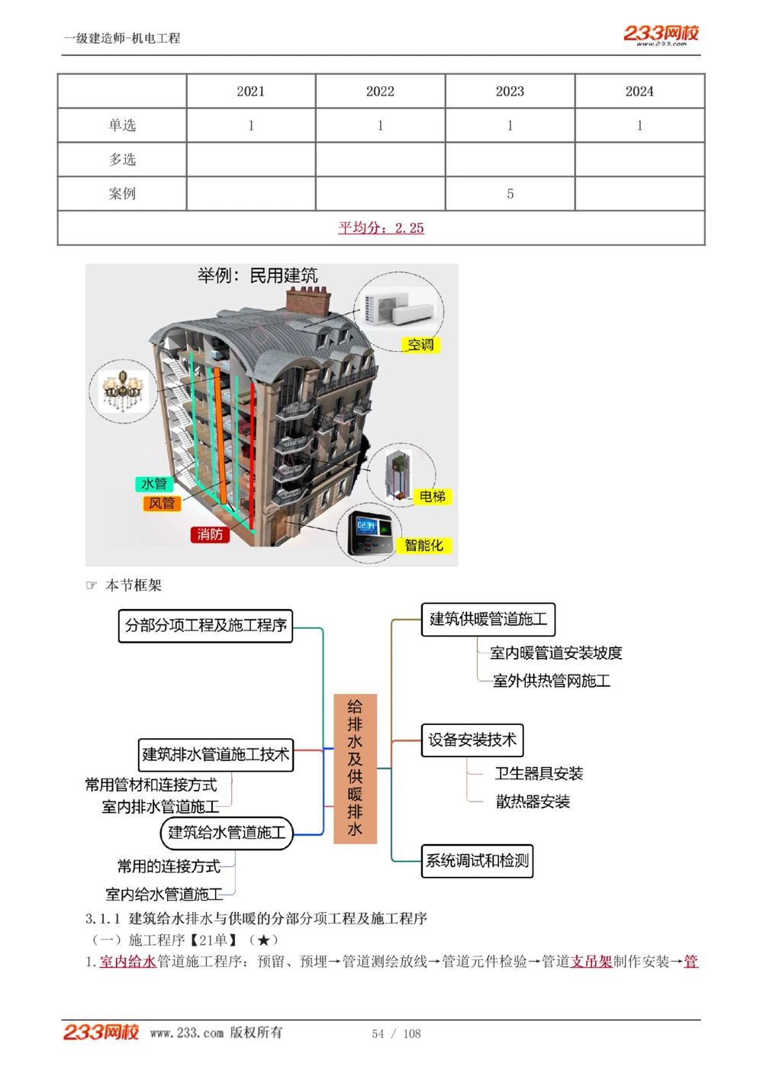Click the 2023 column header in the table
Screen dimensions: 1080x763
tap(510, 92)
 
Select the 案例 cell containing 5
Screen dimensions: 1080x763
tap(510, 194)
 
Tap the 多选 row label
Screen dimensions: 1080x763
tap(122, 160)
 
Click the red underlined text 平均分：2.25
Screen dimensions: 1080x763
tap(381, 227)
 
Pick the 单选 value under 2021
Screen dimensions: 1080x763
tap(250, 126)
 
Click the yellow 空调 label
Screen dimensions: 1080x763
tap(420, 345)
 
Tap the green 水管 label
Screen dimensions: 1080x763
tap(154, 484)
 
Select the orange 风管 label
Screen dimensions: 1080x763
tap(162, 503)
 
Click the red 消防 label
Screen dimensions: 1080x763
tap(210, 534)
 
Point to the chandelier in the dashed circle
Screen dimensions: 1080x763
tap(122, 391)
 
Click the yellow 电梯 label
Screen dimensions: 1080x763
tap(432, 497)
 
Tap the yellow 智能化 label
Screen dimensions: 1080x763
tap(423, 545)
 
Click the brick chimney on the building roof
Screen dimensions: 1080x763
tap(308, 300)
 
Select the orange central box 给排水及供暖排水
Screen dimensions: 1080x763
tap(355, 768)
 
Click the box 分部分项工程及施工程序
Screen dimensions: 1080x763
tap(205, 626)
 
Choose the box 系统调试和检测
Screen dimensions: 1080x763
tap(477, 861)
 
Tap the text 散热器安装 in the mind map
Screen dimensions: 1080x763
tap(533, 801)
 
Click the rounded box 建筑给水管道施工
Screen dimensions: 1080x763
tap(227, 833)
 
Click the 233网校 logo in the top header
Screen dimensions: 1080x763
tap(661, 34)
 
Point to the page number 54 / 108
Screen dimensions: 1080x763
tap(396, 1033)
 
